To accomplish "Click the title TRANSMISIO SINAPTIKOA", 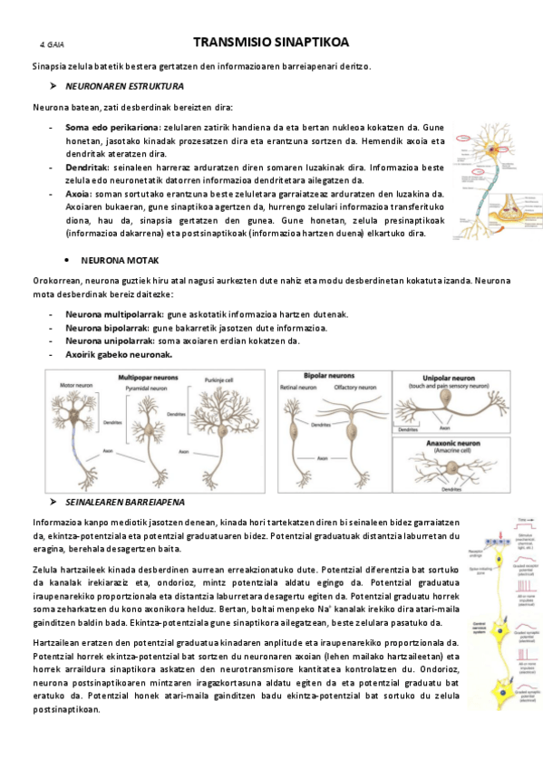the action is (x=271, y=43).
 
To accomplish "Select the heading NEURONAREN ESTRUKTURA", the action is (x=125, y=86).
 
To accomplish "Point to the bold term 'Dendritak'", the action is (x=87, y=168).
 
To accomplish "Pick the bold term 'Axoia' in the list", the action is (x=77, y=194).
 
